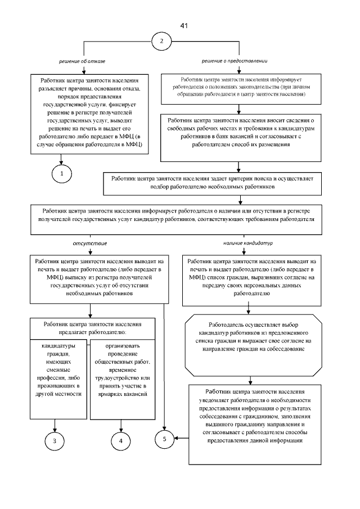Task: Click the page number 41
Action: pyautogui.click(x=184, y=26)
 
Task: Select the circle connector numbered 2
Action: pyautogui.click(x=162, y=42)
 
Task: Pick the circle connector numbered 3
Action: pyautogui.click(x=55, y=440)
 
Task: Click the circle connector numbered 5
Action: pyautogui.click(x=164, y=436)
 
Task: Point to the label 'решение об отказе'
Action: pyautogui.click(x=83, y=60)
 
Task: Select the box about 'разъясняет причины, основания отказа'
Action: pyautogui.click(x=84, y=113)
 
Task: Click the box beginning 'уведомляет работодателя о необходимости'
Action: pyautogui.click(x=255, y=416)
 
